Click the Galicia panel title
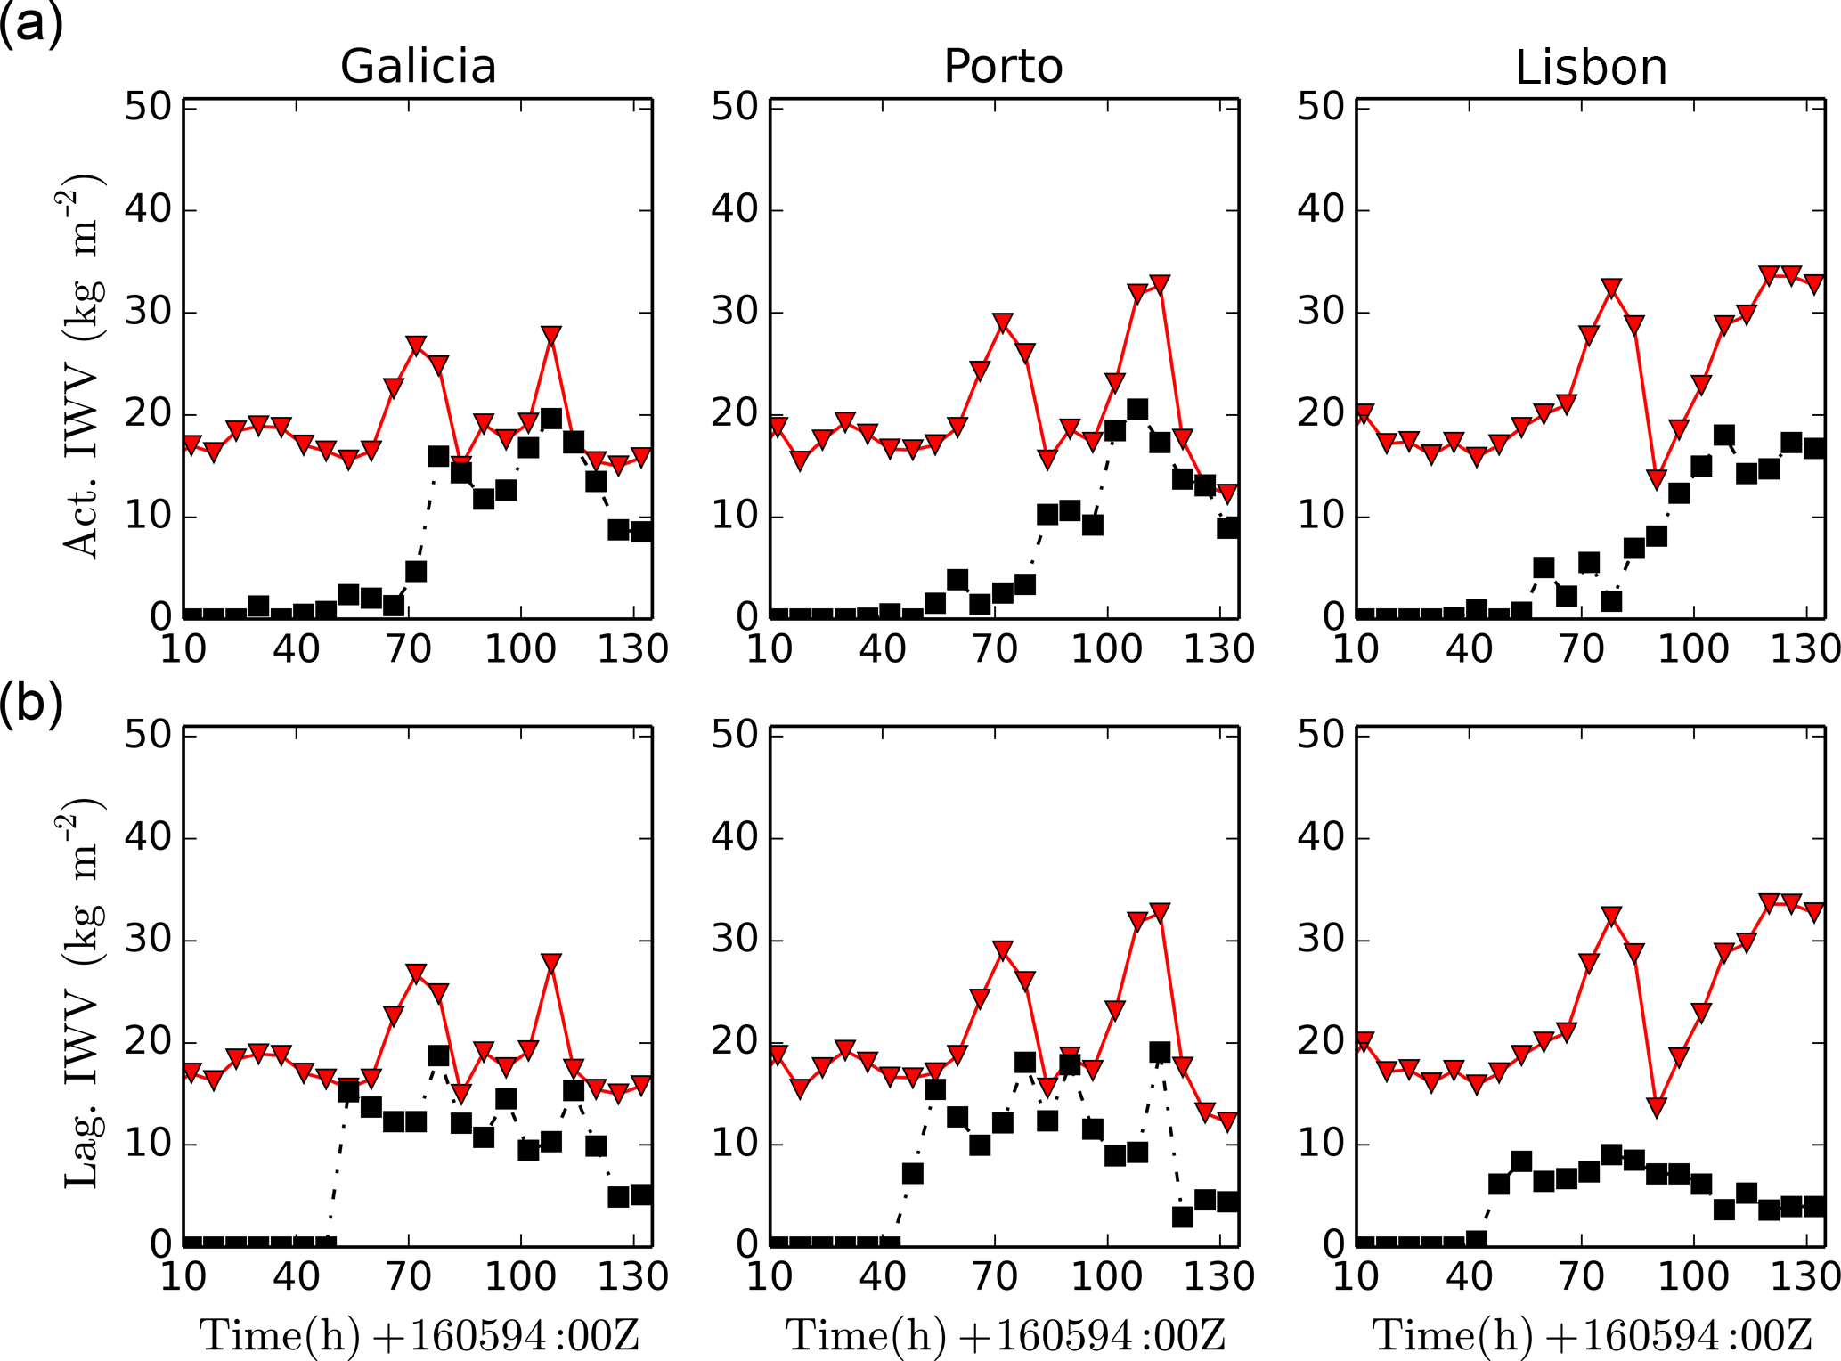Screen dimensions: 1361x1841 coord(418,67)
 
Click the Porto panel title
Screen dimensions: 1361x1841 coord(1003,67)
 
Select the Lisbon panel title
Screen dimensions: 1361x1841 coord(1591,68)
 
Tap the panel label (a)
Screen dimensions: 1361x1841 coord(31,24)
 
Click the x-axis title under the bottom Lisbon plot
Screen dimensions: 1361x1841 coord(1592,1335)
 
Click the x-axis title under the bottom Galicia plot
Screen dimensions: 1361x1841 coord(419,1335)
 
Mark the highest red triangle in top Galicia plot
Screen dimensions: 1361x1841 coord(551,336)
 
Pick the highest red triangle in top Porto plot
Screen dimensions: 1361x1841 coord(1159,285)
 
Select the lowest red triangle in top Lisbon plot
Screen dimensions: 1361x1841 coord(1656,479)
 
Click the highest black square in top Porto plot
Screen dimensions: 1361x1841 coord(1137,410)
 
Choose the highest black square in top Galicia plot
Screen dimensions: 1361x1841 coord(551,419)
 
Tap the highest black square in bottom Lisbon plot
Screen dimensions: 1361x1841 coord(1611,1154)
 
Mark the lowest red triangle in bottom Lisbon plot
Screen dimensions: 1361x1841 coord(1656,1107)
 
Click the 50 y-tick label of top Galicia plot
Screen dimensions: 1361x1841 coord(148,107)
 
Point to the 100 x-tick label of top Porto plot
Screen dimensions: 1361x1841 coord(1106,648)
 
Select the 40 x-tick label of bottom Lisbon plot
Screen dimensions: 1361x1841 coord(1469,1276)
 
